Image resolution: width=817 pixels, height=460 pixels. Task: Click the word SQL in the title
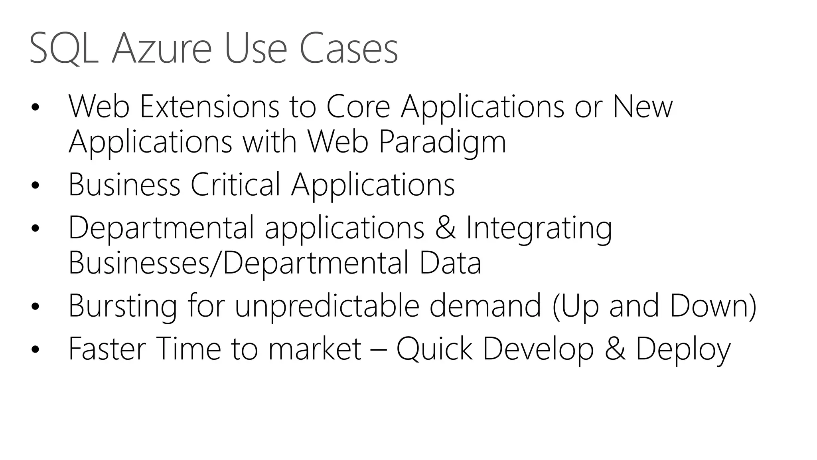pos(64,49)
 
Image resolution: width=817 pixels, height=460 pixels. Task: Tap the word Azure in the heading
pos(162,49)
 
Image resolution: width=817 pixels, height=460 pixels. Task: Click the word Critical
pos(235,184)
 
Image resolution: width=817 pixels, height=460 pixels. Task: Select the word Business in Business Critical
pos(124,184)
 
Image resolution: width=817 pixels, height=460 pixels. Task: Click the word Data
pos(450,263)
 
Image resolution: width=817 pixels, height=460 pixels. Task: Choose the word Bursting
pos(123,306)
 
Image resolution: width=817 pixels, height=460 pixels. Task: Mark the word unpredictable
pos(327,306)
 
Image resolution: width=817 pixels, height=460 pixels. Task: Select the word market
pos(315,349)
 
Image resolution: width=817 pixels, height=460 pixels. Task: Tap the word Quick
pos(434,349)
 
